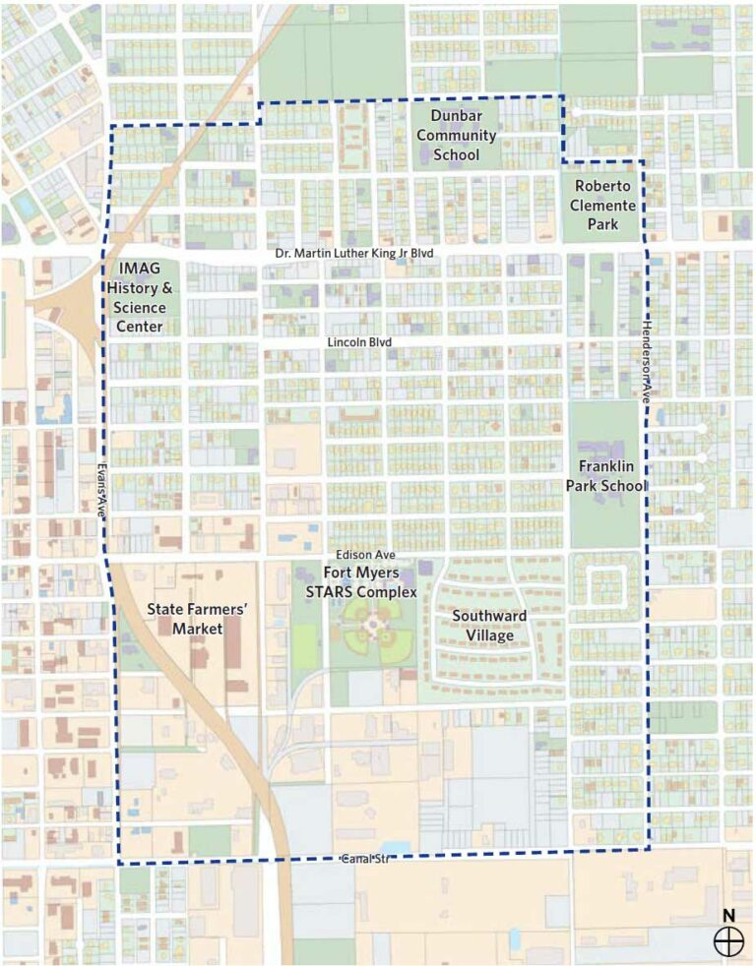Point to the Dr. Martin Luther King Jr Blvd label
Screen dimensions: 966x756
point(354,255)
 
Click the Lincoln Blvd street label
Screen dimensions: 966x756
point(359,342)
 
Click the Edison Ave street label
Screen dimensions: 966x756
point(359,556)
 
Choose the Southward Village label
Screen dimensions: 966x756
point(489,626)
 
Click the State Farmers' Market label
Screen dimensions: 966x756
point(196,618)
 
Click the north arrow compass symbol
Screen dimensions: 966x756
point(728,941)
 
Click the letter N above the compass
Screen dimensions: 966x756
point(728,915)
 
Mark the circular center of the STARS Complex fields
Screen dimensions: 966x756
point(374,627)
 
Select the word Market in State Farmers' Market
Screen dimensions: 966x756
point(196,629)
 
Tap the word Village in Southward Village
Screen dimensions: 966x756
point(489,636)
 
